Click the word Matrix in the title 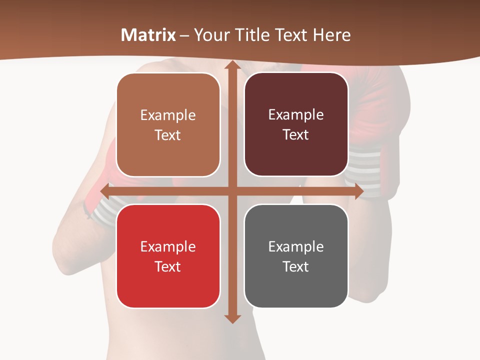point(148,35)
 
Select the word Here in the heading point(332,35)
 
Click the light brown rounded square point(168,124)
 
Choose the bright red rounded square point(168,256)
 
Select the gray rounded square point(296,256)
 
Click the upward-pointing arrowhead point(232,65)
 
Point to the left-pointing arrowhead point(105,191)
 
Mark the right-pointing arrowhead point(358,191)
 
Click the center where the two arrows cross point(232,191)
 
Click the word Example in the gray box point(296,246)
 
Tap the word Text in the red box point(168,266)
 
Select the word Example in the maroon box point(296,114)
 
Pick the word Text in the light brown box point(168,135)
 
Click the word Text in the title point(291,35)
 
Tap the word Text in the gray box point(296,266)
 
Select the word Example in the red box point(168,246)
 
